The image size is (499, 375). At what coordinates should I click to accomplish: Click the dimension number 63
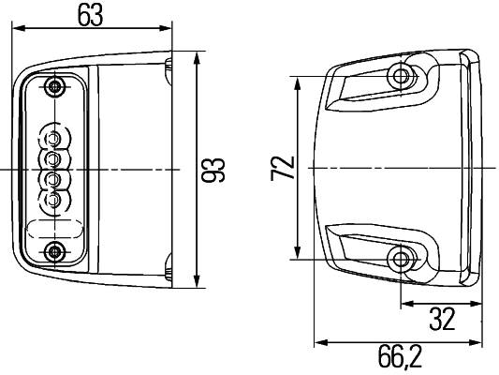click(x=91, y=15)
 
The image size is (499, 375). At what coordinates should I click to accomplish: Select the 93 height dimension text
click(x=214, y=170)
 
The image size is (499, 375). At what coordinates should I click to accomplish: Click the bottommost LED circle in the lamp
click(x=55, y=199)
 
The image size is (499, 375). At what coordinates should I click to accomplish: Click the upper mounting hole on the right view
click(x=404, y=76)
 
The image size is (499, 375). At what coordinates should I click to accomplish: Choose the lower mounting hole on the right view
click(x=404, y=260)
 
